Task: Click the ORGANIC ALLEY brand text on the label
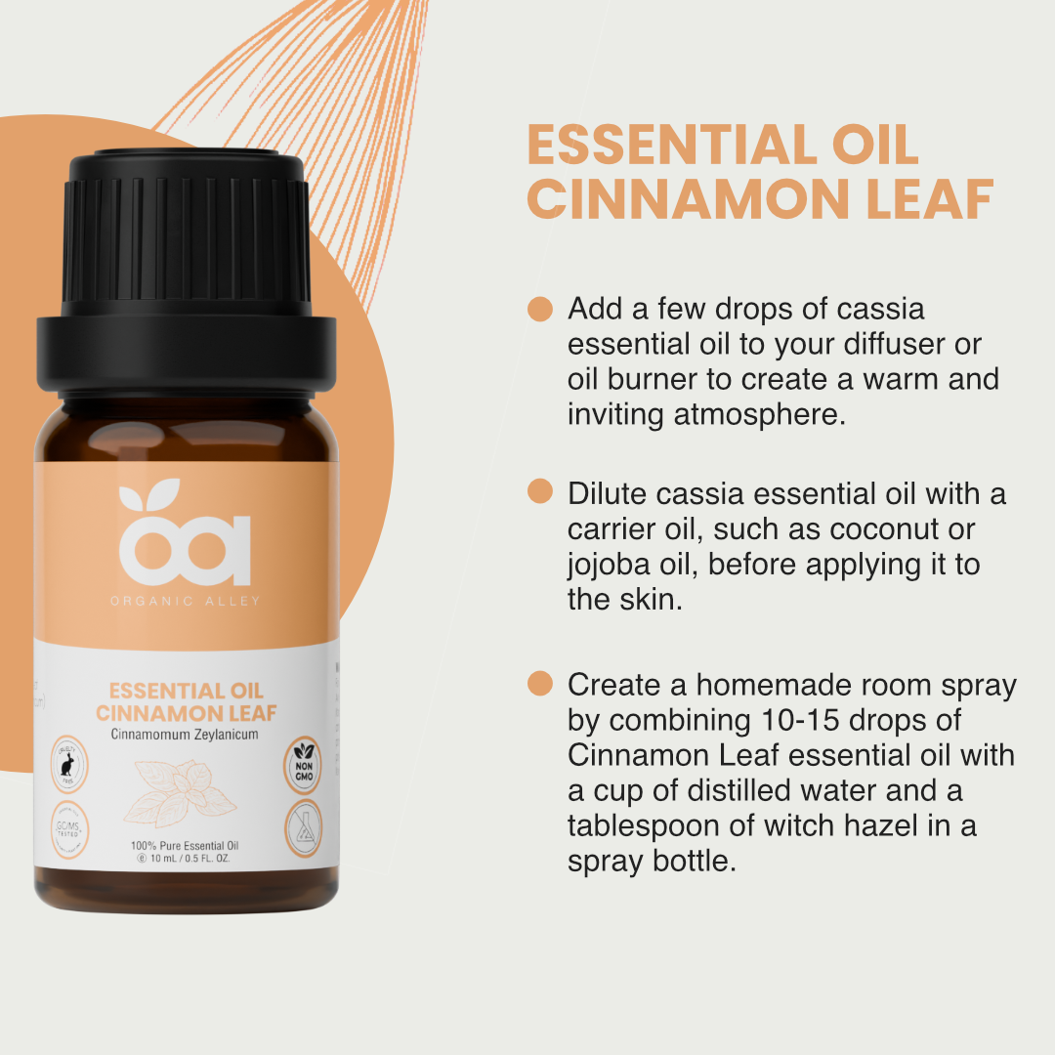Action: coord(186,601)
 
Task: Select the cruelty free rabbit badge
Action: coord(69,763)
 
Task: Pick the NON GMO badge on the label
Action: coord(303,763)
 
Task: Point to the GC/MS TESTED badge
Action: coord(69,825)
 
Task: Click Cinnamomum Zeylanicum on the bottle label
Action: coord(186,735)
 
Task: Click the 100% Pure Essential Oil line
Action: coord(186,846)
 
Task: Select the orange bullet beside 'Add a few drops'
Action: coord(540,309)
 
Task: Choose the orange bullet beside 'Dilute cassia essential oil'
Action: coord(540,491)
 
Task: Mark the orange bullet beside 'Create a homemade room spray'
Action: coord(540,684)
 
